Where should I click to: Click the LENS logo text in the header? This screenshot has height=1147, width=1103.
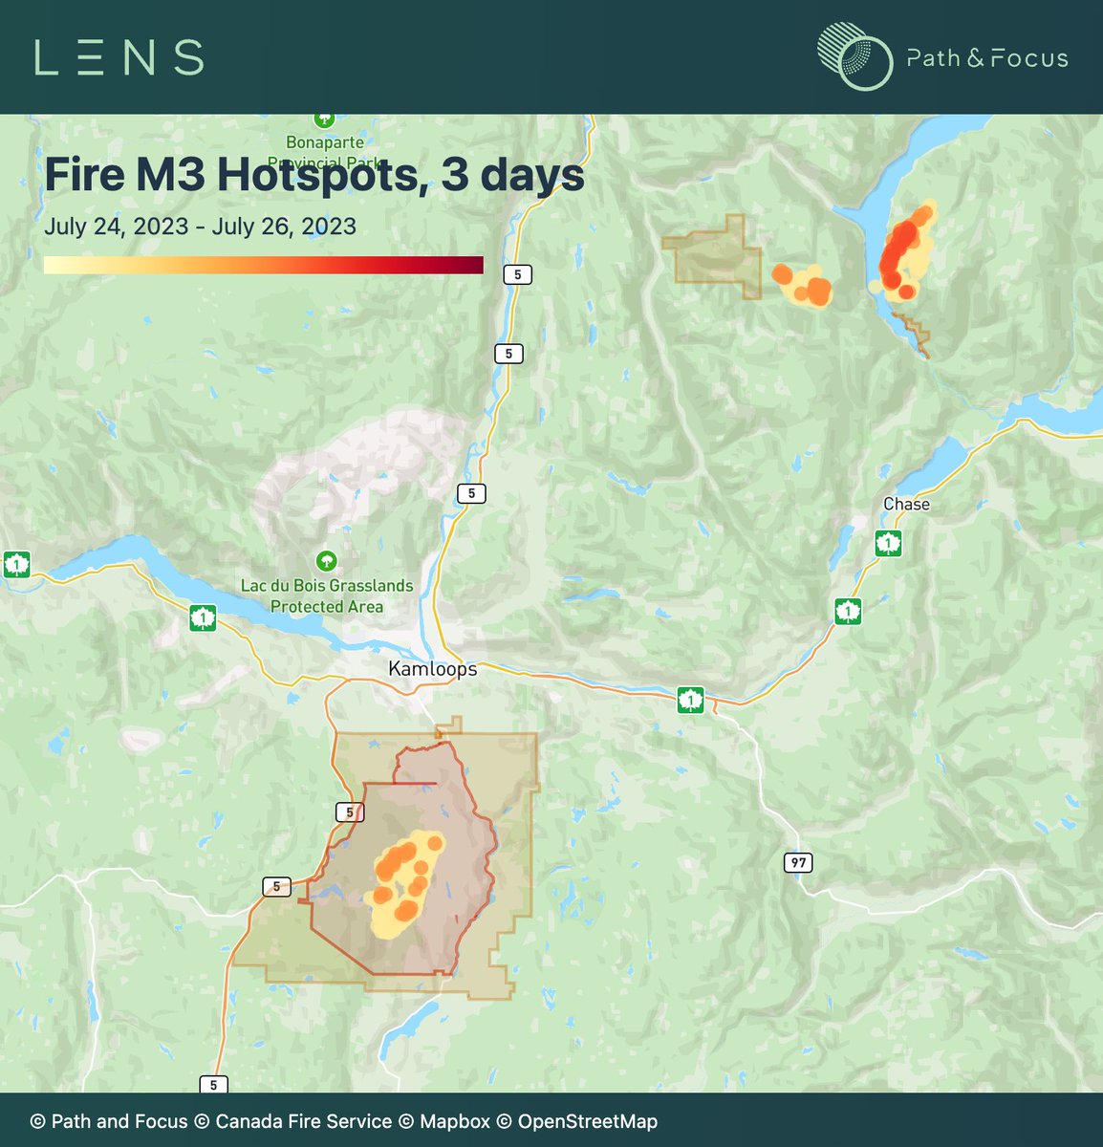click(119, 57)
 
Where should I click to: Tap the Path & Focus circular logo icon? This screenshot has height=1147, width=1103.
click(854, 57)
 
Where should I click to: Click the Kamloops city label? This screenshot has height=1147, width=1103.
click(432, 669)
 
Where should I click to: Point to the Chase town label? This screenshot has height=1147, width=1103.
click(905, 504)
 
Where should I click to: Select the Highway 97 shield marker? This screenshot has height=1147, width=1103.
click(798, 862)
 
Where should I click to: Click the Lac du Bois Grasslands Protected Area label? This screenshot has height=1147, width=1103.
click(327, 595)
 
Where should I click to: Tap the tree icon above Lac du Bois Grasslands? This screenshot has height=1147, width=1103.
click(326, 560)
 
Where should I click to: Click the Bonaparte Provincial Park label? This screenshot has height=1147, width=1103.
click(325, 152)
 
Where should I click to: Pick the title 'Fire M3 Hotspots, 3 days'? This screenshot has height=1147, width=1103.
click(314, 175)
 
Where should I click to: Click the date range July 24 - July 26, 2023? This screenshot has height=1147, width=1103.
click(200, 227)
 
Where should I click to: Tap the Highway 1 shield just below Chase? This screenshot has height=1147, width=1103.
click(888, 544)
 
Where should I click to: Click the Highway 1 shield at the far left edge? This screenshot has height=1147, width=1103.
click(15, 564)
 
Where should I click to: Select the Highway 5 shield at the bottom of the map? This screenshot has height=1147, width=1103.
click(213, 1084)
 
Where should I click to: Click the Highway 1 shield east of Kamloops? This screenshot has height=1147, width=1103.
click(690, 701)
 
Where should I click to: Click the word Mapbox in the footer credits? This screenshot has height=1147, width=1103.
click(454, 1121)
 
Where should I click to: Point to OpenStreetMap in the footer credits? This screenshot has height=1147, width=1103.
click(587, 1121)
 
